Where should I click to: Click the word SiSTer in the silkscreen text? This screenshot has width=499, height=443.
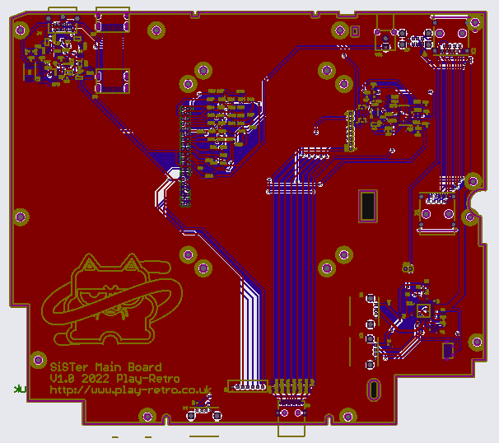click(69, 366)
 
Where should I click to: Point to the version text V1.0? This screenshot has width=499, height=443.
click(63, 378)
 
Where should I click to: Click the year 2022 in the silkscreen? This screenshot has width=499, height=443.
click(96, 378)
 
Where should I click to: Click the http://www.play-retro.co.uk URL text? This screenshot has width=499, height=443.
click(130, 389)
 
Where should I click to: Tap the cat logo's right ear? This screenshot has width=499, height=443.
click(128, 265)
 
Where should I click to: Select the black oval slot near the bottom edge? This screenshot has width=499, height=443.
click(373, 388)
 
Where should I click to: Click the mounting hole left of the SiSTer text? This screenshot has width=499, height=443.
click(37, 359)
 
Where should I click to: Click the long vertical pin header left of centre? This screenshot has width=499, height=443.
click(184, 152)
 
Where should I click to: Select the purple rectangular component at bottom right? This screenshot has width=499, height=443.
click(447, 351)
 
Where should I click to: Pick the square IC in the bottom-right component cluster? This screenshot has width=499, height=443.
click(422, 310)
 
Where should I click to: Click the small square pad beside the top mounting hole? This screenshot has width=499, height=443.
click(356, 32)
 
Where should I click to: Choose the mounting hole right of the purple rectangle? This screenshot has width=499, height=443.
click(475, 341)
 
